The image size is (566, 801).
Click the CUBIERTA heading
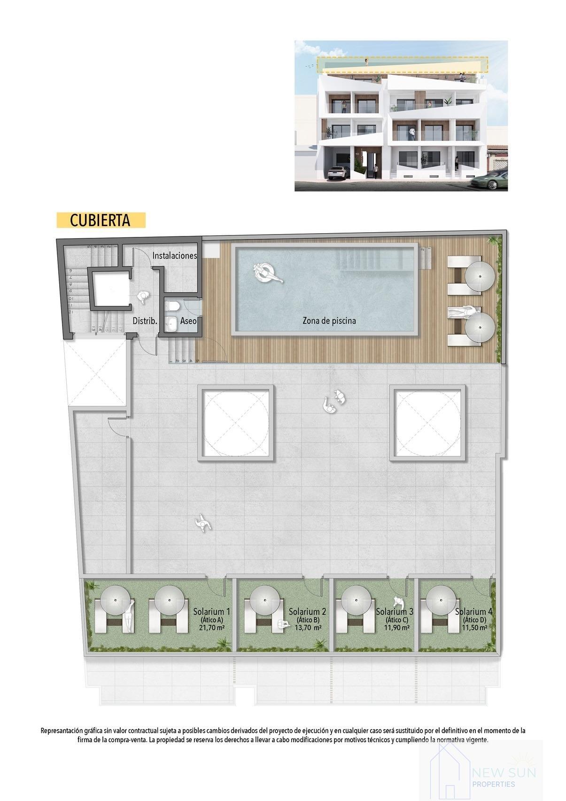100,220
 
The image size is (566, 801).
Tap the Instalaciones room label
174,256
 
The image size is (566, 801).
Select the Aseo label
188,322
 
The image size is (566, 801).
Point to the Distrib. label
145,321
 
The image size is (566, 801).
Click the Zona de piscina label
329,321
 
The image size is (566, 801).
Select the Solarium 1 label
211,612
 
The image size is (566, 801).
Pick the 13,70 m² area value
307,628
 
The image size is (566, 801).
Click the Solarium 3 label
394,612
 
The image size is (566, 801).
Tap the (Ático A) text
211,620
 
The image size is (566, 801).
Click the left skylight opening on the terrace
237,421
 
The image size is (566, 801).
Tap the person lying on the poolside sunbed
463,312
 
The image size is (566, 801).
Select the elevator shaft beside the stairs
109,288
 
